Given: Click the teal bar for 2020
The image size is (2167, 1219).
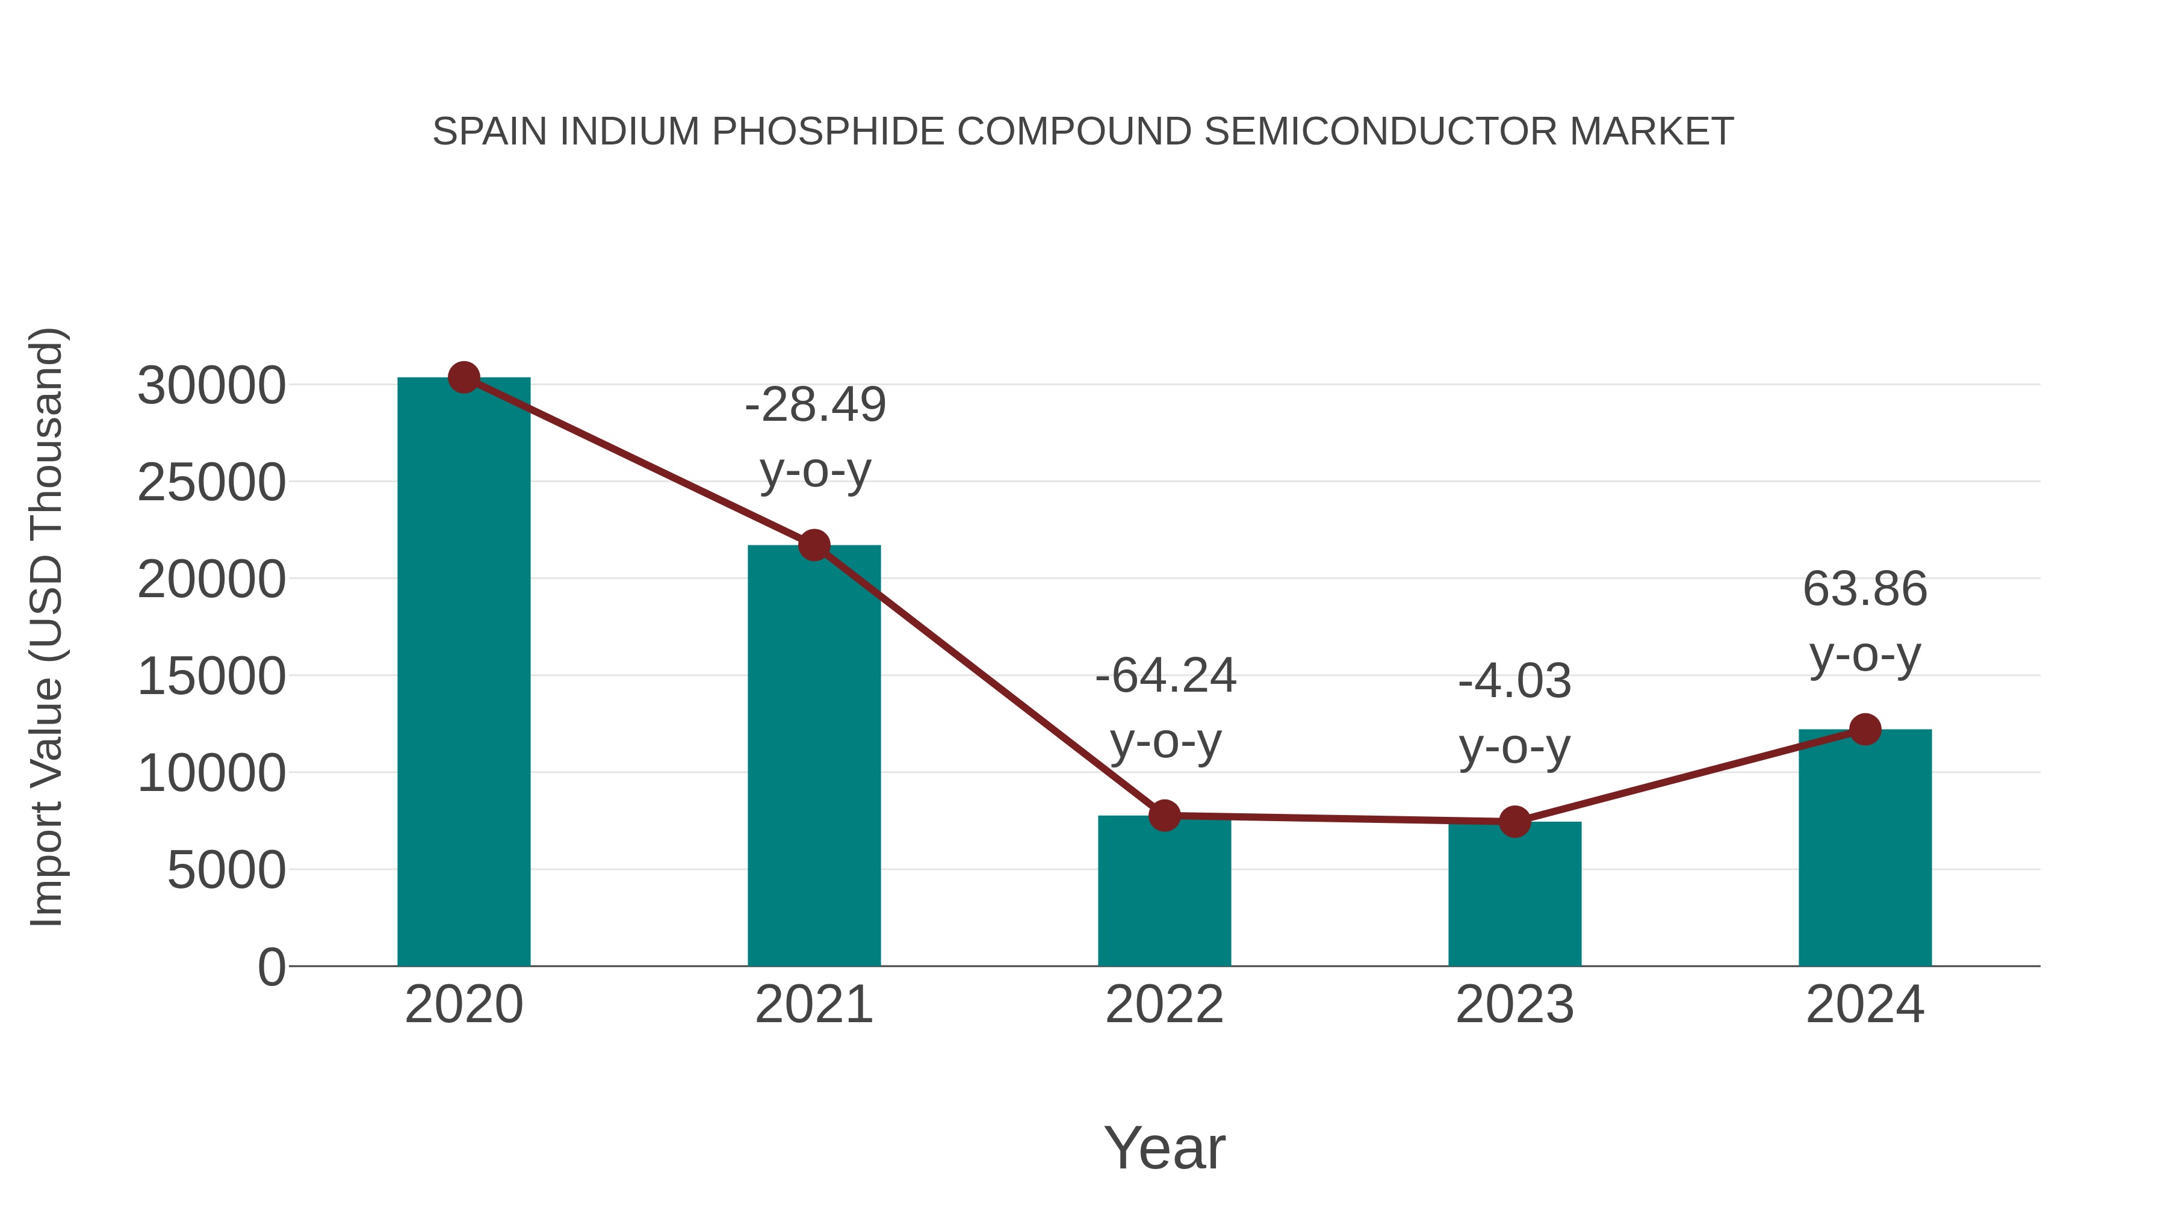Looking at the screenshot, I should pyautogui.click(x=463, y=673).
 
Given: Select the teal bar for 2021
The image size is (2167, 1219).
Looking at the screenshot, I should pyautogui.click(x=813, y=757).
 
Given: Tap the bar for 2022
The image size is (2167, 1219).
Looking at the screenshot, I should pyautogui.click(x=1164, y=892).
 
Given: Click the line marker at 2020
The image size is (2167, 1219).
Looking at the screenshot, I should pyautogui.click(x=463, y=377).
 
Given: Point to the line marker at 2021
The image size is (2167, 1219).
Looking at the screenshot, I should pyautogui.click(x=813, y=545).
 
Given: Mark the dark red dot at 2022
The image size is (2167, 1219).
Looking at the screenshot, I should pyautogui.click(x=1164, y=815).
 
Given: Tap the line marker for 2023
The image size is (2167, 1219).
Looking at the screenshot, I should pyautogui.click(x=1514, y=821).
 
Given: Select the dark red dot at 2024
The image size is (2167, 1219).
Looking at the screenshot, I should pyautogui.click(x=1865, y=730).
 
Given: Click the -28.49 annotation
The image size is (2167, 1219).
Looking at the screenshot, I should pyautogui.click(x=815, y=406).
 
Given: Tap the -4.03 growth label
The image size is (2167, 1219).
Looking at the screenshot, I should pyautogui.click(x=1514, y=681).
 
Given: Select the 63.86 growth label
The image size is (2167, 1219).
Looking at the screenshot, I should pyautogui.click(x=1864, y=589).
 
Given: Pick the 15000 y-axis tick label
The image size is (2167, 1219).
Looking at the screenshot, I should pyautogui.click(x=211, y=677).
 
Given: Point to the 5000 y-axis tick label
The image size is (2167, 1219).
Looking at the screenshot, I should pyautogui.click(x=226, y=870).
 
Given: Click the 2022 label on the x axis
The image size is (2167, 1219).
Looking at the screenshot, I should pyautogui.click(x=1164, y=1005).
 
